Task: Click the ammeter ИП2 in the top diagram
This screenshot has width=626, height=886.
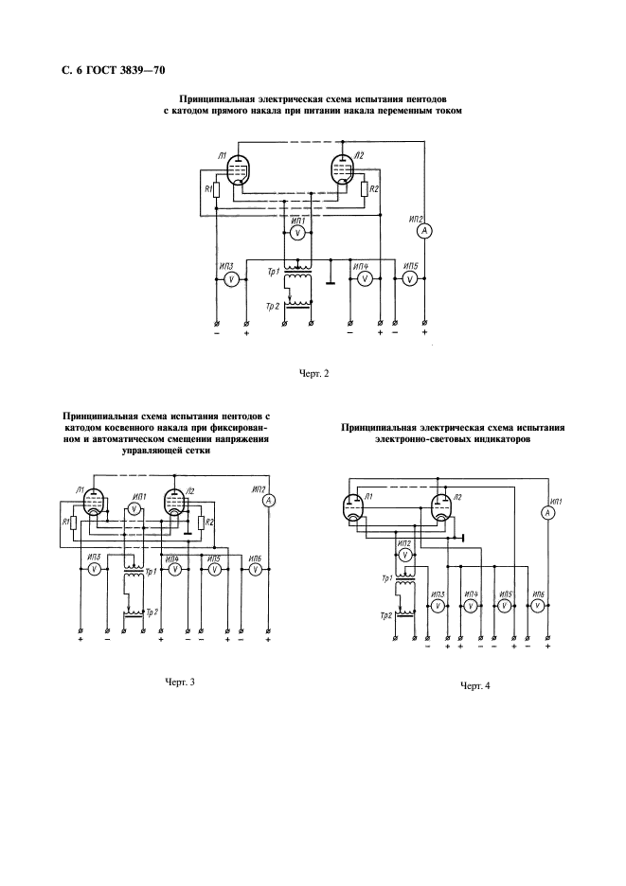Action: coord(424,231)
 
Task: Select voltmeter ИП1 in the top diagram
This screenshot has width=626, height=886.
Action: coord(298,233)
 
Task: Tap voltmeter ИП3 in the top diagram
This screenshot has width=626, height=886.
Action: coord(230,278)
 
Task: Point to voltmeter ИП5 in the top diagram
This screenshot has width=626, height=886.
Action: coord(411,278)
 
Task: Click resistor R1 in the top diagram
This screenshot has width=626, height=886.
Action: coord(216,189)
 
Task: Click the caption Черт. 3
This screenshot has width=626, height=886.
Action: coord(180,682)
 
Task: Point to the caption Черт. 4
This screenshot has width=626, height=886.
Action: coord(475,686)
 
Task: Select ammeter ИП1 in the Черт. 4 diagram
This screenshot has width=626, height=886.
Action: coord(546,512)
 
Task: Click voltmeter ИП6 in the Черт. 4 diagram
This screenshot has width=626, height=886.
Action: coord(538,606)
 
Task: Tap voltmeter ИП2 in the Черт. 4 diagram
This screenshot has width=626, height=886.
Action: coord(403,556)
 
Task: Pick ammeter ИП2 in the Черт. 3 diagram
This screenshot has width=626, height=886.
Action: coord(269,501)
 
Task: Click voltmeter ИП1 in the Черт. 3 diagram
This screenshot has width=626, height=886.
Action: coord(134,509)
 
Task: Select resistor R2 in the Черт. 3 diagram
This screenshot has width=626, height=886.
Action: coord(201,523)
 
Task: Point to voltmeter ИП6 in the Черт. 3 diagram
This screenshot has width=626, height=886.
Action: coord(255,570)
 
